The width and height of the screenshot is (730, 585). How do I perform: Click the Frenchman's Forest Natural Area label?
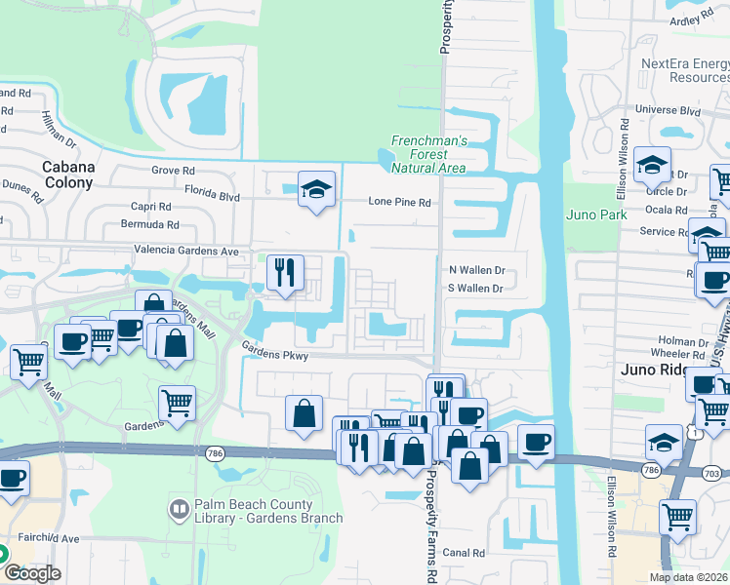pyautogui.click(x=429, y=154)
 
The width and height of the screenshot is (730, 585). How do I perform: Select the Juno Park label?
pyautogui.click(x=590, y=214)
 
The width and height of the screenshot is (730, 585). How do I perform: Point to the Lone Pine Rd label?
pyautogui.click(x=399, y=202)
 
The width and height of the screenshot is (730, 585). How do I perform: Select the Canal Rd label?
pyautogui.click(x=465, y=553)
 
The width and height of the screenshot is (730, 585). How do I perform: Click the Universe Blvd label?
pyautogui.click(x=669, y=111)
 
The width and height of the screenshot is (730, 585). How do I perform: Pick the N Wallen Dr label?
pyautogui.click(x=475, y=269)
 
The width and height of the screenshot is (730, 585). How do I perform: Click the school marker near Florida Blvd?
pyautogui.click(x=316, y=189)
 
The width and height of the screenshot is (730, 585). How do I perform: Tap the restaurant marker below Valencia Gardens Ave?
pyautogui.click(x=285, y=272)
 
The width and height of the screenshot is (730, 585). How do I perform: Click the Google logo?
pyautogui.click(x=31, y=573)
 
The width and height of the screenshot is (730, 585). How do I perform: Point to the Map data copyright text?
pyautogui.click(x=689, y=577)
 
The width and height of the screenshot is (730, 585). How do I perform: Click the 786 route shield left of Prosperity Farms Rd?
pyautogui.click(x=216, y=452)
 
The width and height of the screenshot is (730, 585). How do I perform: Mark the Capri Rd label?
pyautogui.click(x=150, y=207)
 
